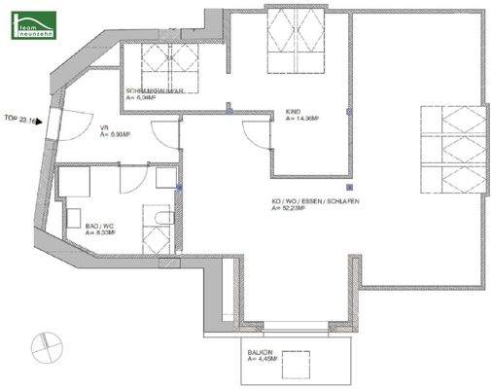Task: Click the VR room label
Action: click(103, 128)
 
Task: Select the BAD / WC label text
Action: click(99, 225)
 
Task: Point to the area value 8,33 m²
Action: click(101, 233)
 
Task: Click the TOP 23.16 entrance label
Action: click(19, 122)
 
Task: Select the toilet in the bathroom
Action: click(156, 236)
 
